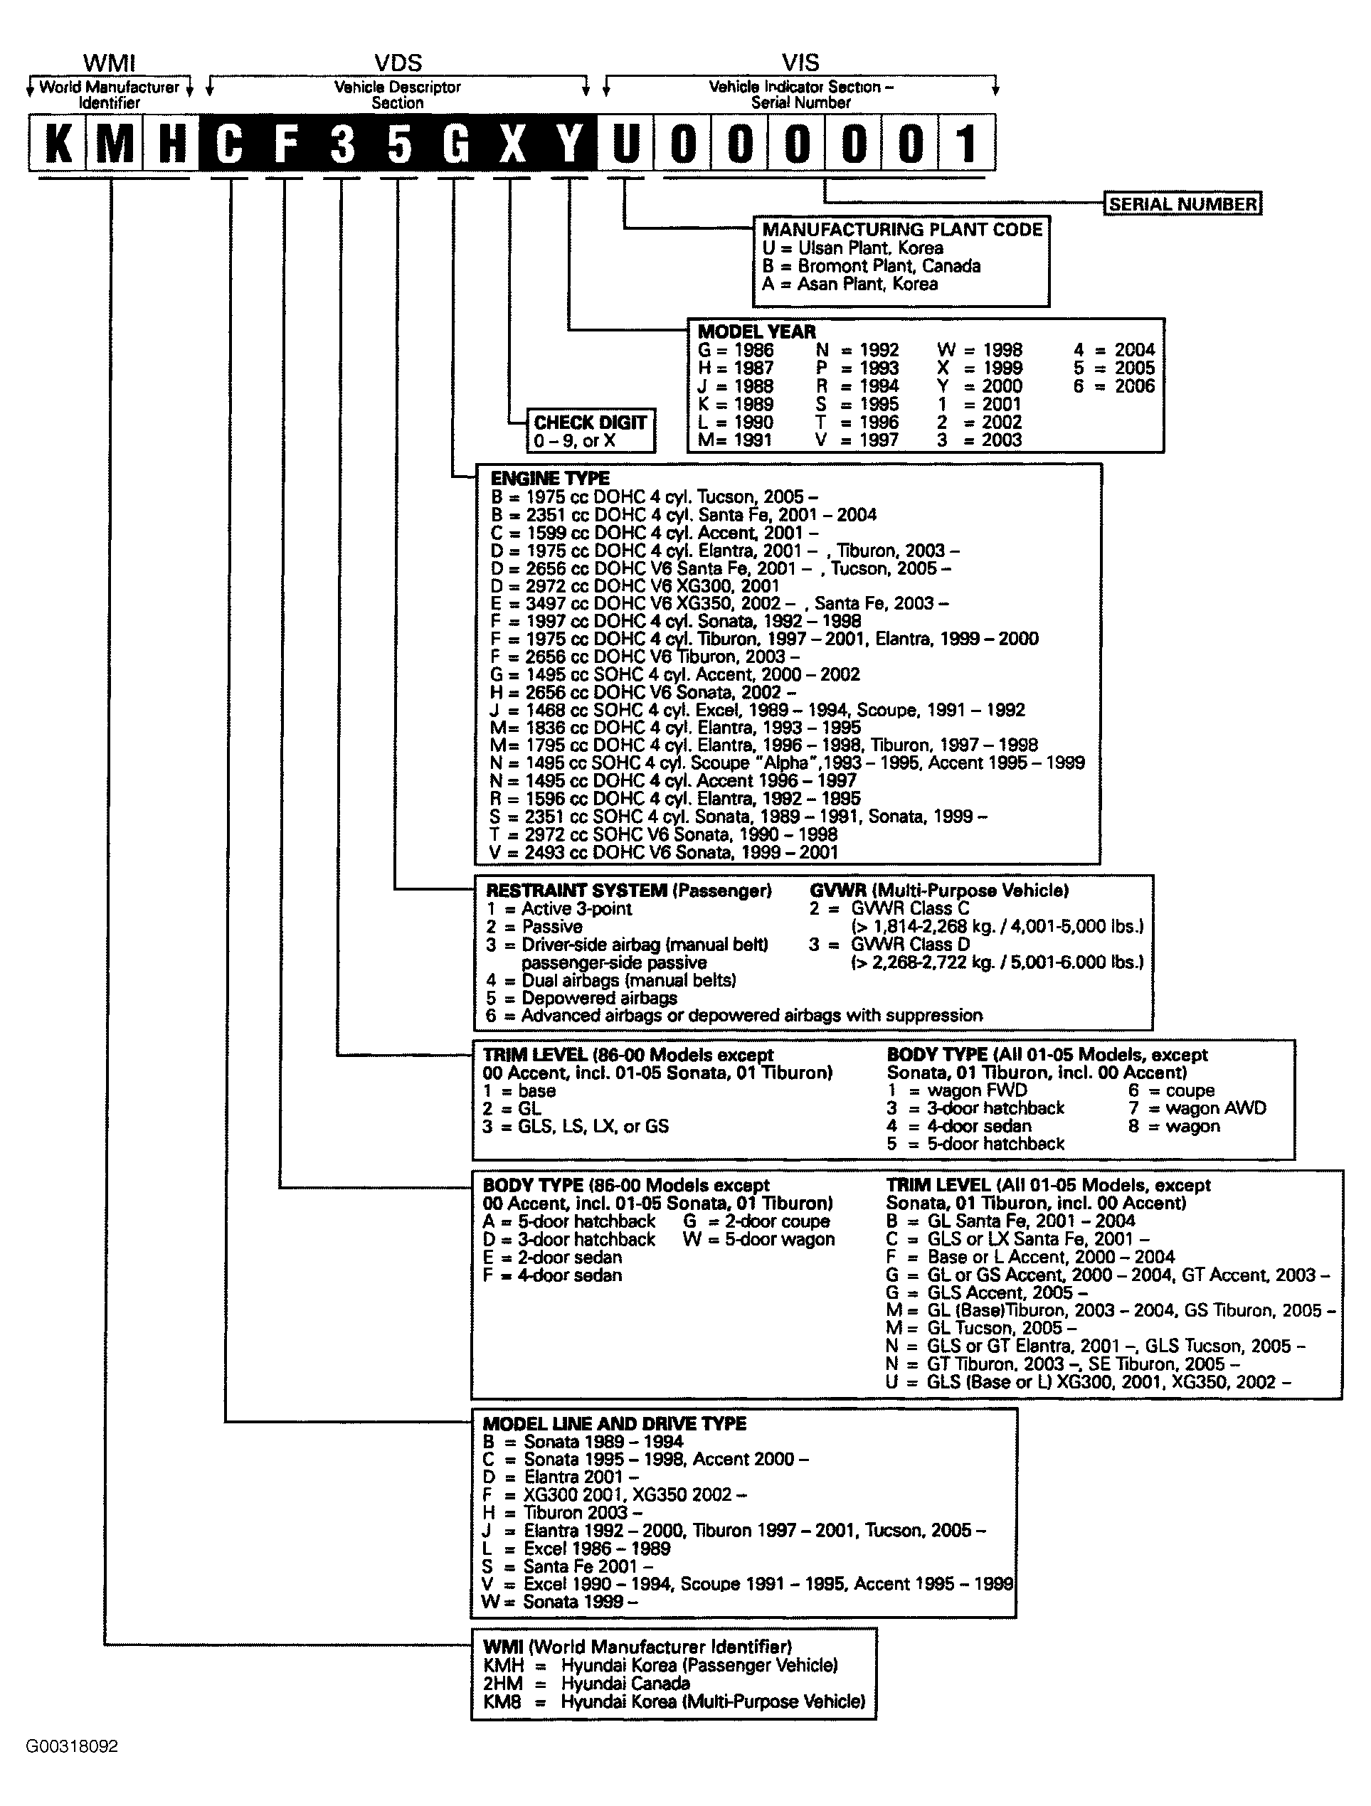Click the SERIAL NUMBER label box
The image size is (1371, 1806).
coord(1182,204)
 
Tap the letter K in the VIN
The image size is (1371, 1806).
coord(57,144)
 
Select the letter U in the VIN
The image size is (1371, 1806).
coord(625,144)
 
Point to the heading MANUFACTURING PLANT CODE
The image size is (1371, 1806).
coord(902,230)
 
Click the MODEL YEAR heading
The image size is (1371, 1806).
coord(757,331)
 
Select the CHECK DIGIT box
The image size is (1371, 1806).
coord(591,431)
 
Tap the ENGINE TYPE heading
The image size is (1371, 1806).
coord(549,479)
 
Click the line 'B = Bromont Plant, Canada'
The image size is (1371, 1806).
coord(872,266)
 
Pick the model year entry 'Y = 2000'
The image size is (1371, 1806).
coord(980,386)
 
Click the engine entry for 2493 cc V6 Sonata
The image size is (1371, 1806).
coord(664,852)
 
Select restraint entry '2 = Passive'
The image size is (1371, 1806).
coord(534,927)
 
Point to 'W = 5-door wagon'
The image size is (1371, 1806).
coord(759,1239)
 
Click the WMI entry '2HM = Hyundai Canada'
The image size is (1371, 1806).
coord(586,1684)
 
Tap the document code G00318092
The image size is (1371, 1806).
coord(72,1746)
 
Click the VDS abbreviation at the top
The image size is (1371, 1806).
coord(398,63)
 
